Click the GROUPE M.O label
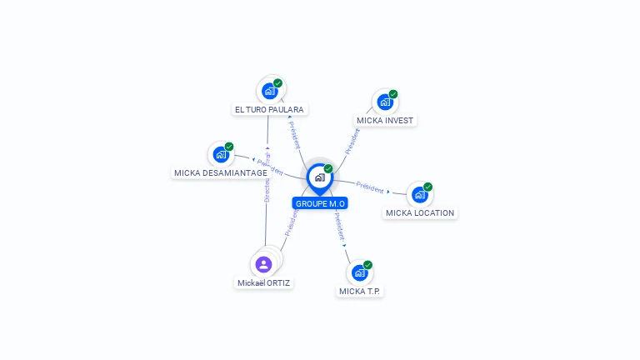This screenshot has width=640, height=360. pos(320,203)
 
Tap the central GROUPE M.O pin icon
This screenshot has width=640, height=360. pos(319,177)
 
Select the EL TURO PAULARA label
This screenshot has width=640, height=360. pos(270,109)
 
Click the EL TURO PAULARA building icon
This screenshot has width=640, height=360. pos(269,91)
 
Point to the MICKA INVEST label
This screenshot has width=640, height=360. pos(385,120)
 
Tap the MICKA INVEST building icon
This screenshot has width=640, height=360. pos(384,102)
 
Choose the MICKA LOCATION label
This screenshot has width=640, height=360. pos(420,212)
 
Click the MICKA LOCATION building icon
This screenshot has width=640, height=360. pos(419,195)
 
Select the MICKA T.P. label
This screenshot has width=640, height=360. pos(361,291)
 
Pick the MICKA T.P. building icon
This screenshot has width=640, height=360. pos(359,272)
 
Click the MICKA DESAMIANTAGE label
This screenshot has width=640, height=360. pos(221,172)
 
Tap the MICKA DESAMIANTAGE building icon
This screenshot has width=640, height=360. pos(221,155)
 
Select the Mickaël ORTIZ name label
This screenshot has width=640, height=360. pos(264,282)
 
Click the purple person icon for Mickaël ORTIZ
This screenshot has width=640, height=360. pos(264,264)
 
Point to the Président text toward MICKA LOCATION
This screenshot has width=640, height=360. pos(370,186)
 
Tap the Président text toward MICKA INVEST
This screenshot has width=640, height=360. pos(353,142)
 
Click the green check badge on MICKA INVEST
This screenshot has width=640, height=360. pos(393,94)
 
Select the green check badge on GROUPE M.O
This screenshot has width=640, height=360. pos(328,168)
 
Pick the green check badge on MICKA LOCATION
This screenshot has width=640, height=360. pos(428,187)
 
